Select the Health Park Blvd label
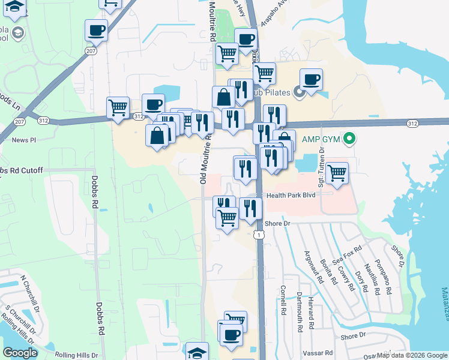[291, 195]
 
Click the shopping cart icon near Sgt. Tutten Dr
[337, 173]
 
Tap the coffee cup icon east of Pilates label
[311, 80]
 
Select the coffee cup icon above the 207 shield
[95, 30]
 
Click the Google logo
[20, 353]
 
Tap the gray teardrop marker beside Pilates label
[300, 92]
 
